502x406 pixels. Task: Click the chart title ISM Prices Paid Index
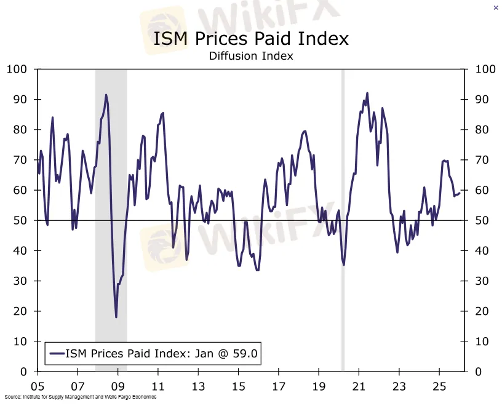pos(250,39)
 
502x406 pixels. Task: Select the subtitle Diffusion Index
pos(250,56)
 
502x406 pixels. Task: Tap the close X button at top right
pos(496,7)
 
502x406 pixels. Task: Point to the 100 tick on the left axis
pos(17,69)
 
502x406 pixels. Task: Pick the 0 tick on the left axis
pos(24,372)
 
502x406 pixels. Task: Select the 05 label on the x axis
pos(38,388)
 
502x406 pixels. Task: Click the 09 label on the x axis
pos(118,388)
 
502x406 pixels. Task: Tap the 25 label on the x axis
pos(439,388)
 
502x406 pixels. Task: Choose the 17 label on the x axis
pos(279,388)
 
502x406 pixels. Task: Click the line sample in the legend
pos(57,353)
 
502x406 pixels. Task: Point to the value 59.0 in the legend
pos(244,353)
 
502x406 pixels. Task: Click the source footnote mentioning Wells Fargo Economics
pos(80,397)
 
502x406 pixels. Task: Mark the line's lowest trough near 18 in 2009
pos(116,317)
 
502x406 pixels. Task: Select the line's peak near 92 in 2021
pos(367,94)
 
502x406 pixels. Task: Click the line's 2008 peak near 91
pos(106,95)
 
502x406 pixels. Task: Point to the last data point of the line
pos(460,193)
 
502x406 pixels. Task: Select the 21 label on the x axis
pos(359,388)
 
